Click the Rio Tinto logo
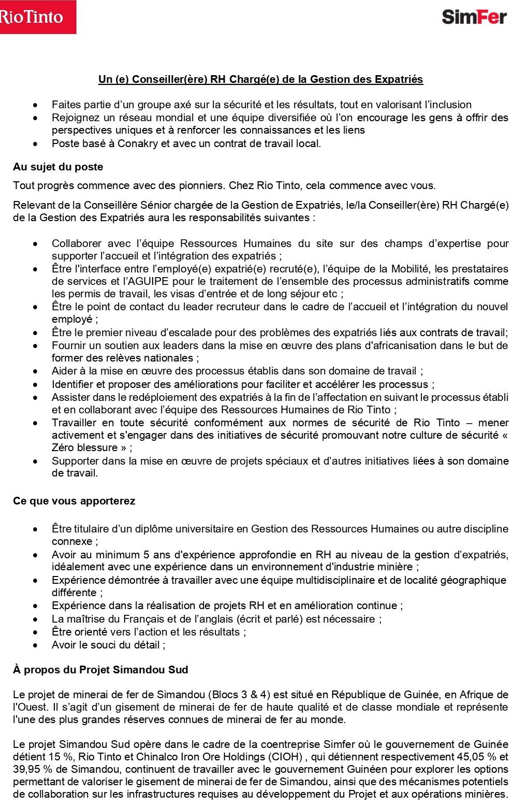(37, 17)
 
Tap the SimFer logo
(474, 17)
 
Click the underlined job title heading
(260, 79)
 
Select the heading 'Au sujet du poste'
(58, 167)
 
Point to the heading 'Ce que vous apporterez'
(74, 501)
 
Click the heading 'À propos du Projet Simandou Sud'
(100, 670)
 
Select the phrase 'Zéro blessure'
(85, 448)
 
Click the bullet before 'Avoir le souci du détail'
(35, 645)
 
